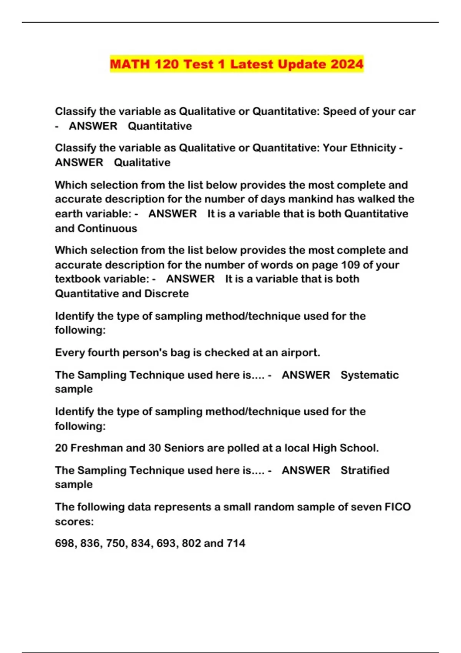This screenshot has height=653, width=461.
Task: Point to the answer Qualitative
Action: click(142, 162)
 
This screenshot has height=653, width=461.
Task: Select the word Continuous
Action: click(107, 229)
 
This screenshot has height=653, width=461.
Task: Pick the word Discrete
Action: click(166, 294)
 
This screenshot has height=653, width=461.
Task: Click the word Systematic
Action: click(370, 375)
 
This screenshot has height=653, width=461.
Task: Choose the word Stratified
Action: click(365, 471)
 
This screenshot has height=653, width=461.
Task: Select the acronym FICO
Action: click(398, 507)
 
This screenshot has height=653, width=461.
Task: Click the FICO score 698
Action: click(65, 544)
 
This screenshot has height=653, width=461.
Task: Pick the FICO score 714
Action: click(236, 544)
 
